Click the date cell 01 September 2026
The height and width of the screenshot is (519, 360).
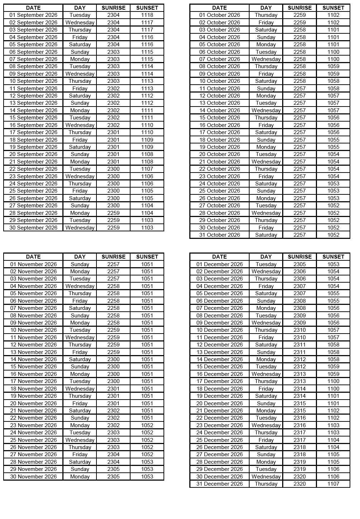coord(33,15)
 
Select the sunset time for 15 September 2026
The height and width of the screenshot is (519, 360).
coord(147,118)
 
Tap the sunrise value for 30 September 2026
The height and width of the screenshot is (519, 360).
coord(113,228)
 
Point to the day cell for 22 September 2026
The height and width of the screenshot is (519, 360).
coord(80,169)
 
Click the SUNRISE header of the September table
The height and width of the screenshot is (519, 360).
coord(113,8)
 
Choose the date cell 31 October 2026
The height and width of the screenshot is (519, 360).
coord(219,235)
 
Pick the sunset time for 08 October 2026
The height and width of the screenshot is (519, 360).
coord(333,66)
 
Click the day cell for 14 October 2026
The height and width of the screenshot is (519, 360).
coord(266,110)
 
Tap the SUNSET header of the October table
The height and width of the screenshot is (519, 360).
coord(333,8)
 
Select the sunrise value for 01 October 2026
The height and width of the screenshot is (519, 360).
coord(299,15)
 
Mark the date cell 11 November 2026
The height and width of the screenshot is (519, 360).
coord(33,338)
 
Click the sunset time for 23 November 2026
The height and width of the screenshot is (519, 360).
coord(147,425)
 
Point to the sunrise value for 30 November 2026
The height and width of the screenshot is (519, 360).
coord(113,477)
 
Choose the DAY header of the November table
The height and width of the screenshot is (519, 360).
coord(80,257)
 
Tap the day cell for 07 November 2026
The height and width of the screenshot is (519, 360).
coord(80,308)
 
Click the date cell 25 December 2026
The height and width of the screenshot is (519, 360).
coord(219,440)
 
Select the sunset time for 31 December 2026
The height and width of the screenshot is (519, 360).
coord(333,484)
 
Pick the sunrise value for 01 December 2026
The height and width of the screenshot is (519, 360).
coord(299,264)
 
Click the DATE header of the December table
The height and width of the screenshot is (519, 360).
coord(219,257)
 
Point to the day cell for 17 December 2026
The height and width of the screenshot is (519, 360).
coord(266,381)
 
